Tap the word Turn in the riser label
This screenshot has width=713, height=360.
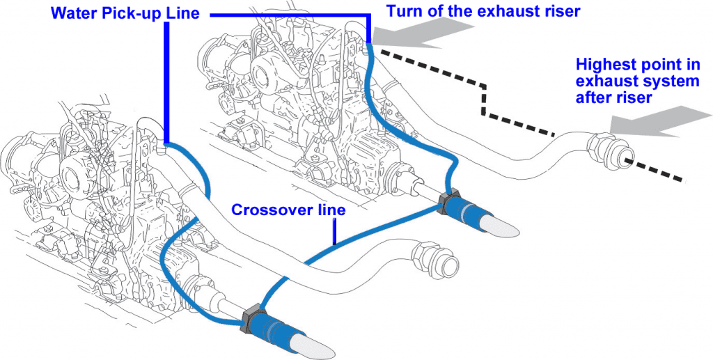[402, 10]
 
